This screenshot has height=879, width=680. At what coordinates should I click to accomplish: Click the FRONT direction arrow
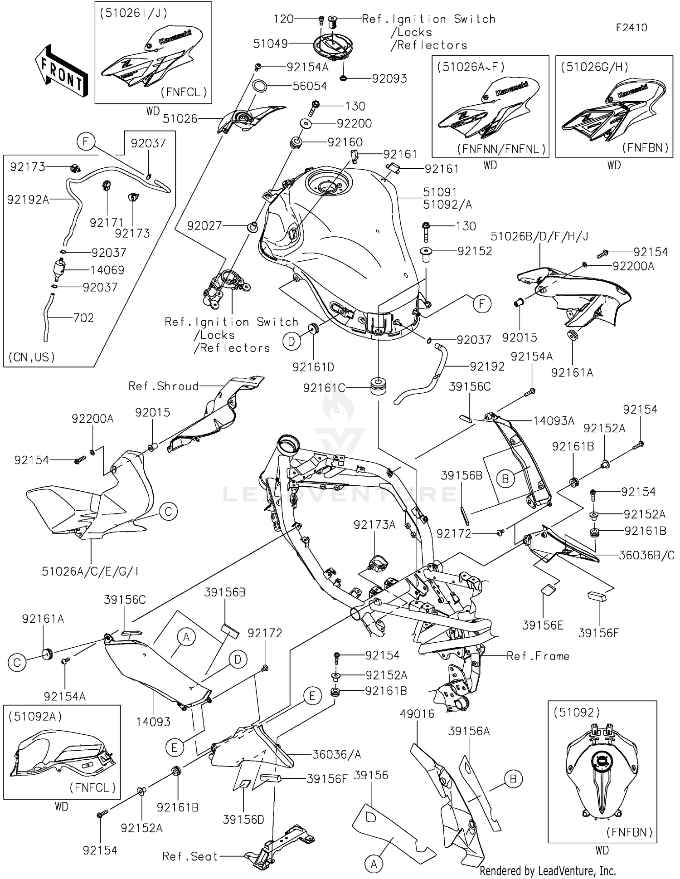point(61,70)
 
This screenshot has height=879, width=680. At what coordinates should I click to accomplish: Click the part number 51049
point(270,44)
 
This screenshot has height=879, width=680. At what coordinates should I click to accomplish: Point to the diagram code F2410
point(631,27)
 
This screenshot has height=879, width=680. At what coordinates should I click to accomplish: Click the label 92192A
point(28,199)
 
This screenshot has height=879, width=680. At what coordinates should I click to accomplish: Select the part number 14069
point(107,270)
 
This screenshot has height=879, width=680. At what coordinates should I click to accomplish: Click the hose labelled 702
point(47,317)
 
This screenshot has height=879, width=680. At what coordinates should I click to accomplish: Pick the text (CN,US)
point(32,357)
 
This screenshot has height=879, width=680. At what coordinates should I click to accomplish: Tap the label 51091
point(440,192)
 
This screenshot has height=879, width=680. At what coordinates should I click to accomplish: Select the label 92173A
point(374,525)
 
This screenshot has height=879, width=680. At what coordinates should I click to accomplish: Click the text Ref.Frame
point(538,656)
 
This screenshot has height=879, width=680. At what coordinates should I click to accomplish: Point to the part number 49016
point(417,714)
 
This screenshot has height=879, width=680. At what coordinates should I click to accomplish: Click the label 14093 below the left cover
point(153,722)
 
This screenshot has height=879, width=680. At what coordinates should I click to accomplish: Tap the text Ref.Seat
point(190,856)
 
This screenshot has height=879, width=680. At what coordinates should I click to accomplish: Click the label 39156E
point(543,625)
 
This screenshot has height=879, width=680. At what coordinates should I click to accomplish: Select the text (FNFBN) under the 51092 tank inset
point(629,832)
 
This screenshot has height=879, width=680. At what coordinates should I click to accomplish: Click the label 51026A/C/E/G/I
point(90,571)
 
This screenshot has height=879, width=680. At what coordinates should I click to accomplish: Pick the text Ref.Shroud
point(164,386)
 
